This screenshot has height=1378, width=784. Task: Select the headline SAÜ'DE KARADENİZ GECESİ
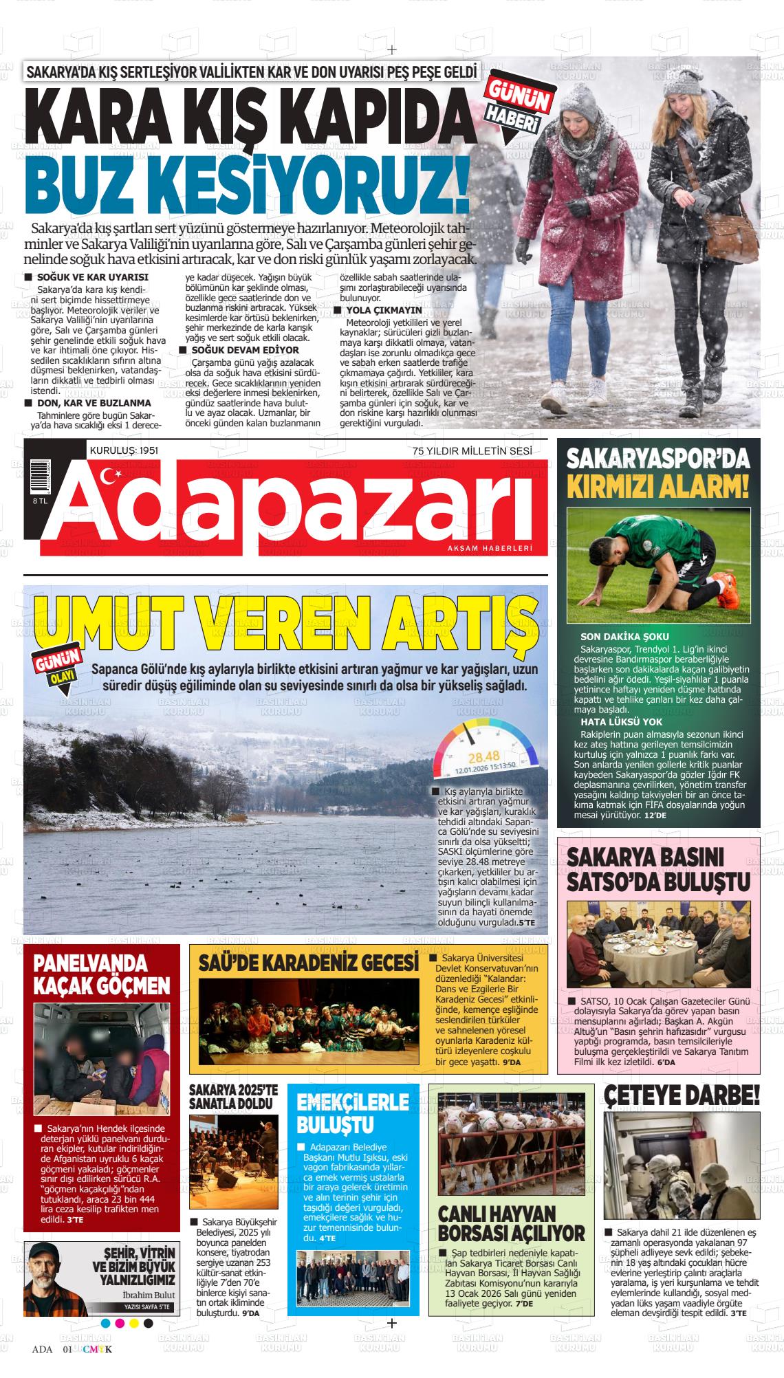309,963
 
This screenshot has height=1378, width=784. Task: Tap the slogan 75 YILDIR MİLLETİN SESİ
472,451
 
